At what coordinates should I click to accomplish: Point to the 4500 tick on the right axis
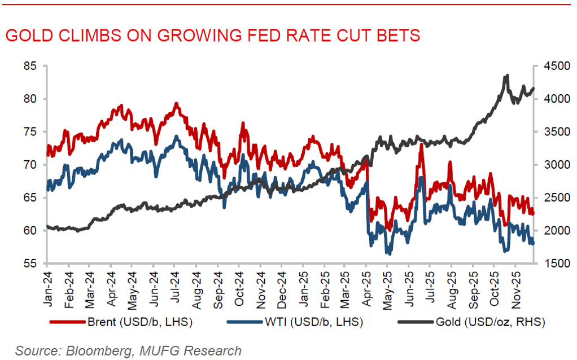(x=553, y=66)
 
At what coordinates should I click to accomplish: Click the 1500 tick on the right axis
(x=553, y=264)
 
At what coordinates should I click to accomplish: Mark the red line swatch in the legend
(x=67, y=322)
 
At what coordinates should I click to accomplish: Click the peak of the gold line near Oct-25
(x=507, y=76)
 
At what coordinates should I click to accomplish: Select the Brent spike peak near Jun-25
(x=421, y=146)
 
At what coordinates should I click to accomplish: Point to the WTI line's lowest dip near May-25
(x=389, y=253)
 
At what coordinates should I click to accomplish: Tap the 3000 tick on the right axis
(x=553, y=165)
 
